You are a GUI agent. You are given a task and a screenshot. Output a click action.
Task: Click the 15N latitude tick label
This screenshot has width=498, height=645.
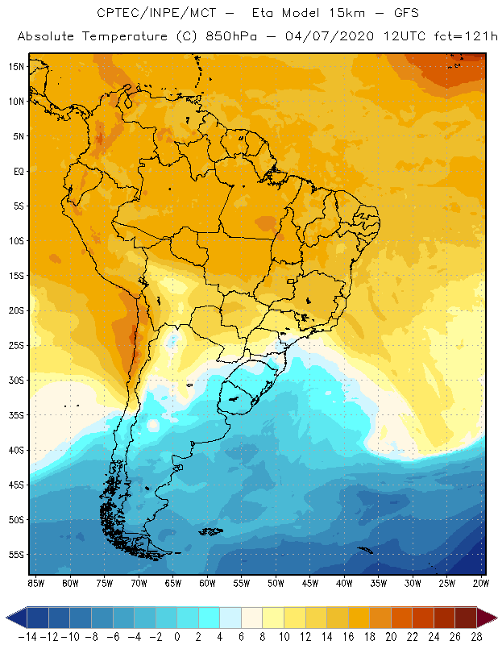tap(16, 66)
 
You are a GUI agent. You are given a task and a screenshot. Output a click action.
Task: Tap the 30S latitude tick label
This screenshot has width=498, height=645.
tap(16, 380)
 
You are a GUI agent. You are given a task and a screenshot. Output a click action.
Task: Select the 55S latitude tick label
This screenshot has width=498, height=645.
tap(16, 555)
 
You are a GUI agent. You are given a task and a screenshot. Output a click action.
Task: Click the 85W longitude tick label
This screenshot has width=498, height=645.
tap(35, 582)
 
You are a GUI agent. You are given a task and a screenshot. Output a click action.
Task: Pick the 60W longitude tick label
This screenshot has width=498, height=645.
tap(207, 582)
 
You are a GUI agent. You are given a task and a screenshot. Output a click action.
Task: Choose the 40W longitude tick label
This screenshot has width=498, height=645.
tap(344, 582)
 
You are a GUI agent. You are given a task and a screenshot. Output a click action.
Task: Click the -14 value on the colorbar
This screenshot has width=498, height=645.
tap(27, 637)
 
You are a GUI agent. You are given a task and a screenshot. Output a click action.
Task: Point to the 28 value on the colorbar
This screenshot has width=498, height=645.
tap(476, 637)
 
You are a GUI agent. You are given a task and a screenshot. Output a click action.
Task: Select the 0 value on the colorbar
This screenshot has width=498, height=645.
tap(177, 637)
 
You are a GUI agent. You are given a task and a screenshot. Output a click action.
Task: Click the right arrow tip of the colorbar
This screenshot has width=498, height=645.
tap(493, 618)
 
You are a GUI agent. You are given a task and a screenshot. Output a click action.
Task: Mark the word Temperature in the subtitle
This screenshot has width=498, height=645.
tap(120, 37)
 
